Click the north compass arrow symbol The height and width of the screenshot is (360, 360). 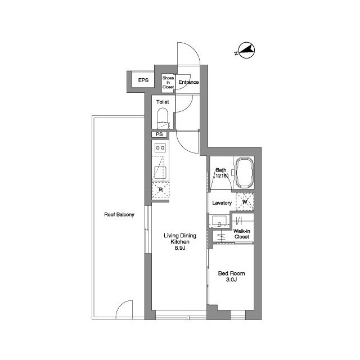pyautogui.click(x=245, y=51)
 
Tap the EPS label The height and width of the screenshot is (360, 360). pyautogui.click(x=143, y=81)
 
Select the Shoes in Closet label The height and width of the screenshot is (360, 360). pyautogui.click(x=168, y=83)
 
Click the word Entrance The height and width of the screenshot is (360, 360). pyautogui.click(x=188, y=83)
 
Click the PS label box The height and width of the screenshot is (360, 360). pyautogui.click(x=159, y=134)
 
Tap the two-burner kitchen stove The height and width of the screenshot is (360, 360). pyautogui.click(x=160, y=148)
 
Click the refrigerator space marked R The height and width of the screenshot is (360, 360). pyautogui.click(x=160, y=190)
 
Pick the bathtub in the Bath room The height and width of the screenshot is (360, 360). pyautogui.click(x=245, y=173)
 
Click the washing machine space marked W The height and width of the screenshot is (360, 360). pyautogui.click(x=245, y=200)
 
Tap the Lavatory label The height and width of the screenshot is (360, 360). pyautogui.click(x=222, y=202)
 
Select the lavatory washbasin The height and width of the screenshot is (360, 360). pyautogui.click(x=220, y=220)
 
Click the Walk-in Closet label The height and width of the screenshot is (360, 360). pyautogui.click(x=241, y=233)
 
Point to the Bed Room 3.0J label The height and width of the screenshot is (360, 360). pyautogui.click(x=231, y=277)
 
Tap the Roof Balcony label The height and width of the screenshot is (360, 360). pyautogui.click(x=119, y=214)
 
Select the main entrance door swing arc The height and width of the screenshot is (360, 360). pyautogui.click(x=188, y=53)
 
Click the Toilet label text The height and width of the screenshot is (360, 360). pyautogui.click(x=163, y=102)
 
